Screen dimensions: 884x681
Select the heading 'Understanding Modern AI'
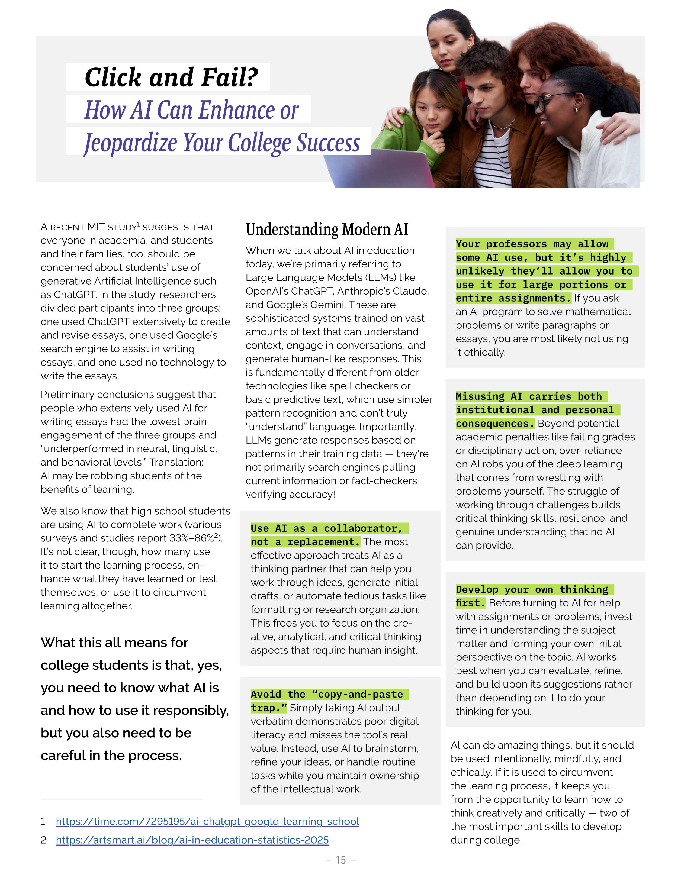coord(327,230)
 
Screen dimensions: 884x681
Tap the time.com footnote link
coord(207,821)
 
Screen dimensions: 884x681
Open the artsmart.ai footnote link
coord(192,840)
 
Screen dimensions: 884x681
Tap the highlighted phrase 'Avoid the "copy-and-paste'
coord(326,694)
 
